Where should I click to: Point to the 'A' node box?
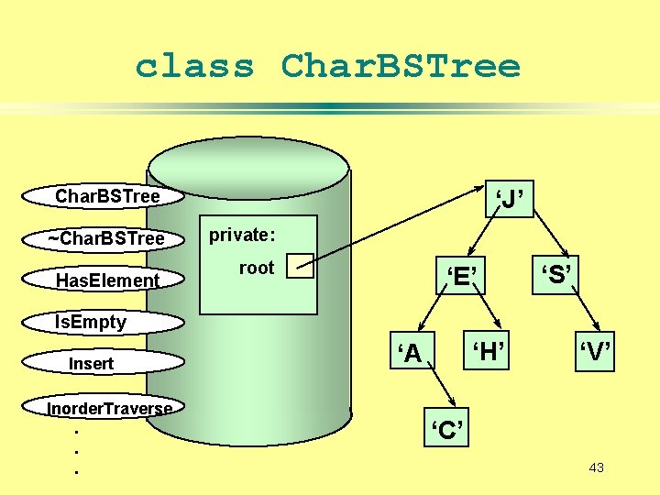tap(409, 352)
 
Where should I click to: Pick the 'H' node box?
tap(488, 349)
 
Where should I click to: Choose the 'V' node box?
tap(594, 351)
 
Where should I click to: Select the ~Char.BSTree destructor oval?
tap(106, 238)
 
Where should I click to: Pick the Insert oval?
tap(92, 364)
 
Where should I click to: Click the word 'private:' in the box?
tap(242, 235)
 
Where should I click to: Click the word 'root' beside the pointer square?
tap(256, 268)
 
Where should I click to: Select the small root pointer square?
tap(300, 266)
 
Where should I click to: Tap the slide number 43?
tap(596, 468)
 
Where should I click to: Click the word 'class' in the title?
tap(194, 66)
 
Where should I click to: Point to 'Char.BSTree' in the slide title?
tap(401, 66)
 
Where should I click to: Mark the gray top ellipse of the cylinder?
tap(248, 170)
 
